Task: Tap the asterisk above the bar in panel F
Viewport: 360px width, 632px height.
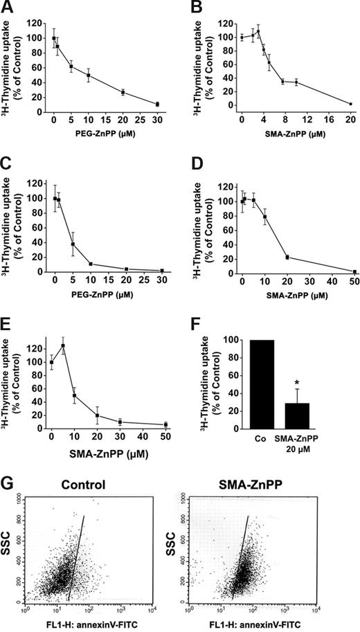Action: click(297, 362)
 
